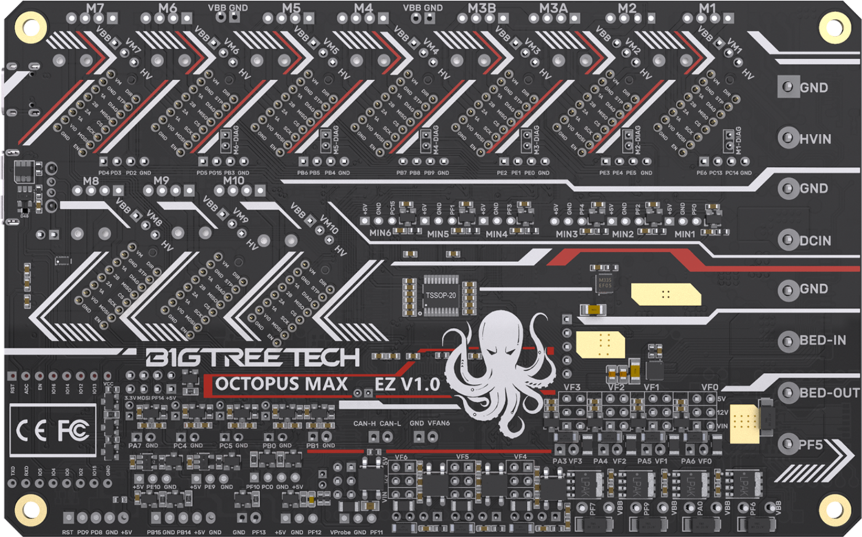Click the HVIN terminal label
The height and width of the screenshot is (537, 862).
click(x=815, y=139)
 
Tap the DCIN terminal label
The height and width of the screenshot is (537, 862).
click(x=815, y=241)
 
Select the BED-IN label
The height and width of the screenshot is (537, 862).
click(x=823, y=340)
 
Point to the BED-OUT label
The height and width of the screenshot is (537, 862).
click(x=829, y=393)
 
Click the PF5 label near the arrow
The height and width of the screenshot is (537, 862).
click(x=811, y=445)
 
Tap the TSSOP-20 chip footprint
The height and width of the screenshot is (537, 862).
click(x=441, y=296)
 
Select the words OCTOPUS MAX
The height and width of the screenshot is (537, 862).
click(x=281, y=384)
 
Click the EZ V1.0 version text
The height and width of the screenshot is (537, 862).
click(x=407, y=384)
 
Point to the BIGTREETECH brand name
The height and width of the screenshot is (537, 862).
click(x=252, y=358)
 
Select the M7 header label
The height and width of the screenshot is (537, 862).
click(x=95, y=8)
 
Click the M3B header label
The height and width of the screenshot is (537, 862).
click(x=482, y=8)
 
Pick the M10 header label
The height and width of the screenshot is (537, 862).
click(x=233, y=180)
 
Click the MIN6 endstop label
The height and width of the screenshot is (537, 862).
click(x=380, y=233)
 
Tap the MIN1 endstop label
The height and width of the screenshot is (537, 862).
click(x=685, y=234)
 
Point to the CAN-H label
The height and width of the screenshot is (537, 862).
click(x=364, y=423)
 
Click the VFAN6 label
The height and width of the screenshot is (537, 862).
click(x=439, y=423)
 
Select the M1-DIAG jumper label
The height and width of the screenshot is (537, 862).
click(x=738, y=140)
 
